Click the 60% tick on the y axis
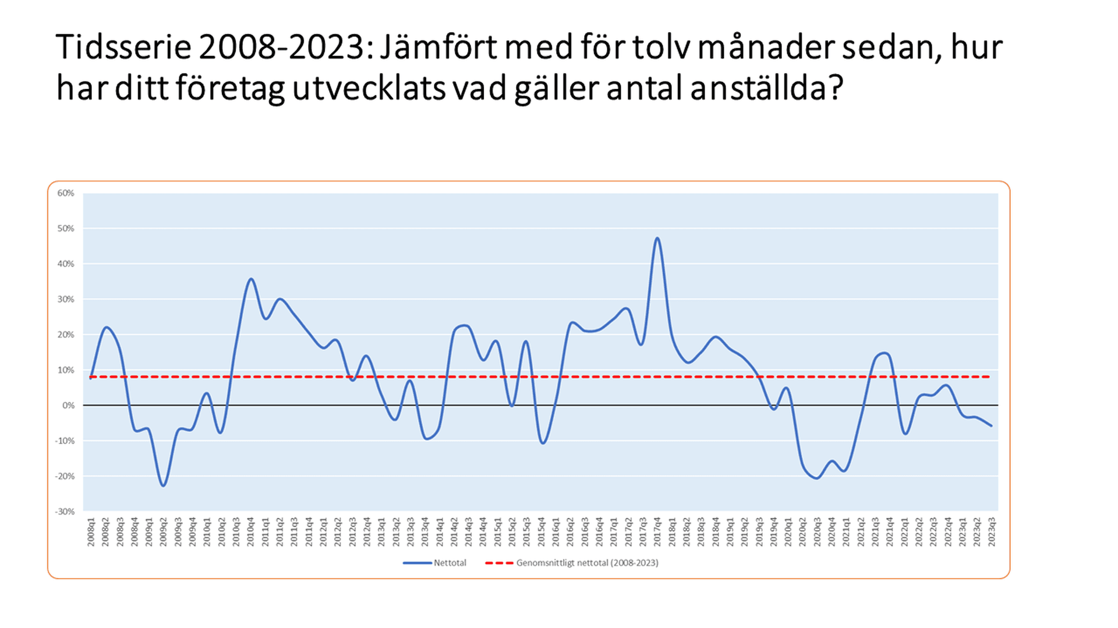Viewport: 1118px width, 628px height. tap(66, 193)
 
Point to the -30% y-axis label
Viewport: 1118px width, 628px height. tap(65, 512)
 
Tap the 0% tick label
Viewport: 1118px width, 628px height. tap(68, 406)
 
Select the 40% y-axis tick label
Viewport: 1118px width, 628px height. tap(66, 264)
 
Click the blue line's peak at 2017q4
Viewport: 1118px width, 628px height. tap(657, 238)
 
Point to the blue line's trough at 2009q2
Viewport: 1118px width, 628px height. tap(164, 485)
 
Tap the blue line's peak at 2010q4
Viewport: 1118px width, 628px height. tap(251, 279)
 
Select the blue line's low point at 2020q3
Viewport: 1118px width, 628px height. tap(817, 478)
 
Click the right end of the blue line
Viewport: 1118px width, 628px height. tap(992, 426)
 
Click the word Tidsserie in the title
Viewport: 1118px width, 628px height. tap(123, 48)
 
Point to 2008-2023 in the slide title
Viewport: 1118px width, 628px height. tap(282, 48)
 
